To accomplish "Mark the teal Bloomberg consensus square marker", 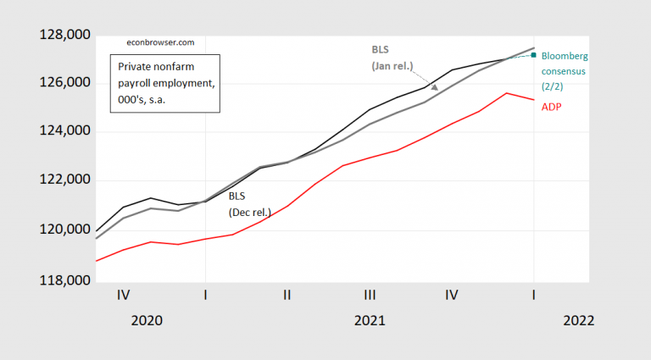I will (x=533, y=55).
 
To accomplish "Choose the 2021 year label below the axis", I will (x=370, y=321).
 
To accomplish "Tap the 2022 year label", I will (x=577, y=321).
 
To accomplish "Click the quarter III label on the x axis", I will (x=370, y=294).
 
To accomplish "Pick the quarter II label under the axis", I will (x=287, y=294).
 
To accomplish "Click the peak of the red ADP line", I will (x=506, y=93).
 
